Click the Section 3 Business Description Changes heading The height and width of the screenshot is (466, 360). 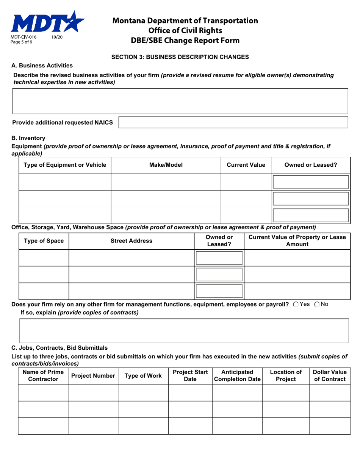coord(180,57)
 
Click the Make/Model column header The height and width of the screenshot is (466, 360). coord(166,165)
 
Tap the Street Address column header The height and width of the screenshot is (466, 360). coord(131,241)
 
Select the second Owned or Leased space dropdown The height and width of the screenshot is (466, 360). coord(219,274)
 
